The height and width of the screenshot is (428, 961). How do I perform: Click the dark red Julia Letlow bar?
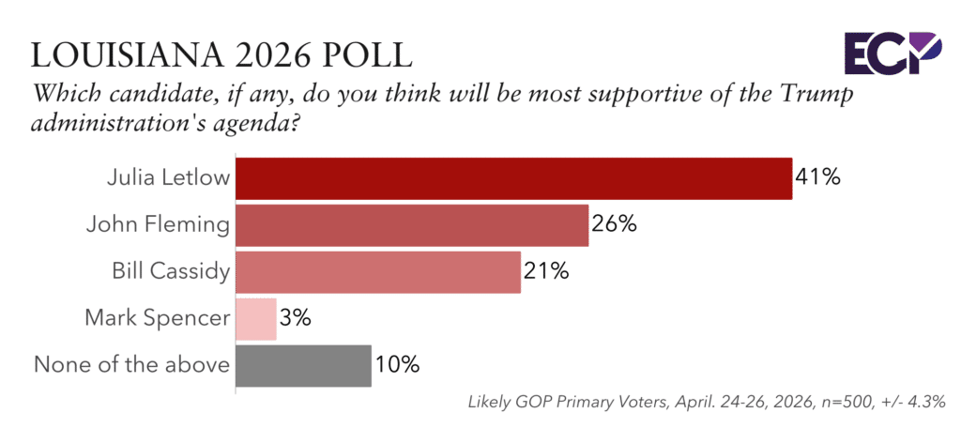[514, 178]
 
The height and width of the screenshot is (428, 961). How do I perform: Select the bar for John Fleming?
[413, 225]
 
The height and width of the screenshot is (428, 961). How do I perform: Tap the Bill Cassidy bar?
[378, 272]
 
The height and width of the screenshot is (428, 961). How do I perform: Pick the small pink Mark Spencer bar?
[256, 319]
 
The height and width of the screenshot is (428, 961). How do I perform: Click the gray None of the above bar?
[303, 366]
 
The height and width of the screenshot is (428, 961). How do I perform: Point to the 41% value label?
[817, 178]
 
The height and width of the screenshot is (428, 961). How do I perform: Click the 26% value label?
[614, 225]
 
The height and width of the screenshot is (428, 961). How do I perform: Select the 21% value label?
[546, 272]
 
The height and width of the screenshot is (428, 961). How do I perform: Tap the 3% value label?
[296, 319]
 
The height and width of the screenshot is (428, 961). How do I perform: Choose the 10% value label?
[397, 366]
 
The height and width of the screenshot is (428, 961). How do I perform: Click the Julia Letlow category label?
[169, 178]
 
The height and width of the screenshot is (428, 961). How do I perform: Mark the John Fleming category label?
[158, 225]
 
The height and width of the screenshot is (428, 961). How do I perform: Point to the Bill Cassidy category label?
[171, 273]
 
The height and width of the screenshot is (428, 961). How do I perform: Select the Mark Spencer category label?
[158, 319]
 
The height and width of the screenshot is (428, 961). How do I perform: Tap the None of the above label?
[131, 366]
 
